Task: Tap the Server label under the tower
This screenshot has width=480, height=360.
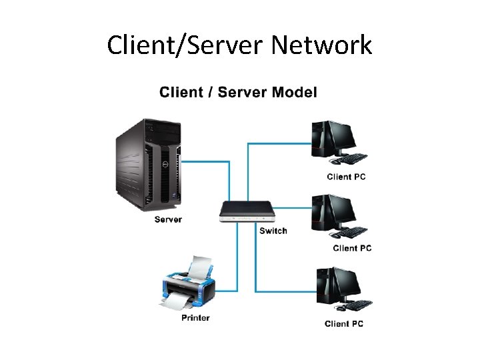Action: pos(168,219)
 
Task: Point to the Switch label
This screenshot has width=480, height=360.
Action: pos(273,231)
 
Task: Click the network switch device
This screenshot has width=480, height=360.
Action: pos(247,212)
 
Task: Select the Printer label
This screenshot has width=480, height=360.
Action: pos(195,317)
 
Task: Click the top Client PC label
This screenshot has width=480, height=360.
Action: pos(346,177)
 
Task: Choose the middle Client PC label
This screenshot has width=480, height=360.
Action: pos(352,248)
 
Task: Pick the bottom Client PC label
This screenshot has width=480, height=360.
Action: pos(344,324)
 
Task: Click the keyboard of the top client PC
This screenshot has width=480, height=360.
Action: pos(351,159)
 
